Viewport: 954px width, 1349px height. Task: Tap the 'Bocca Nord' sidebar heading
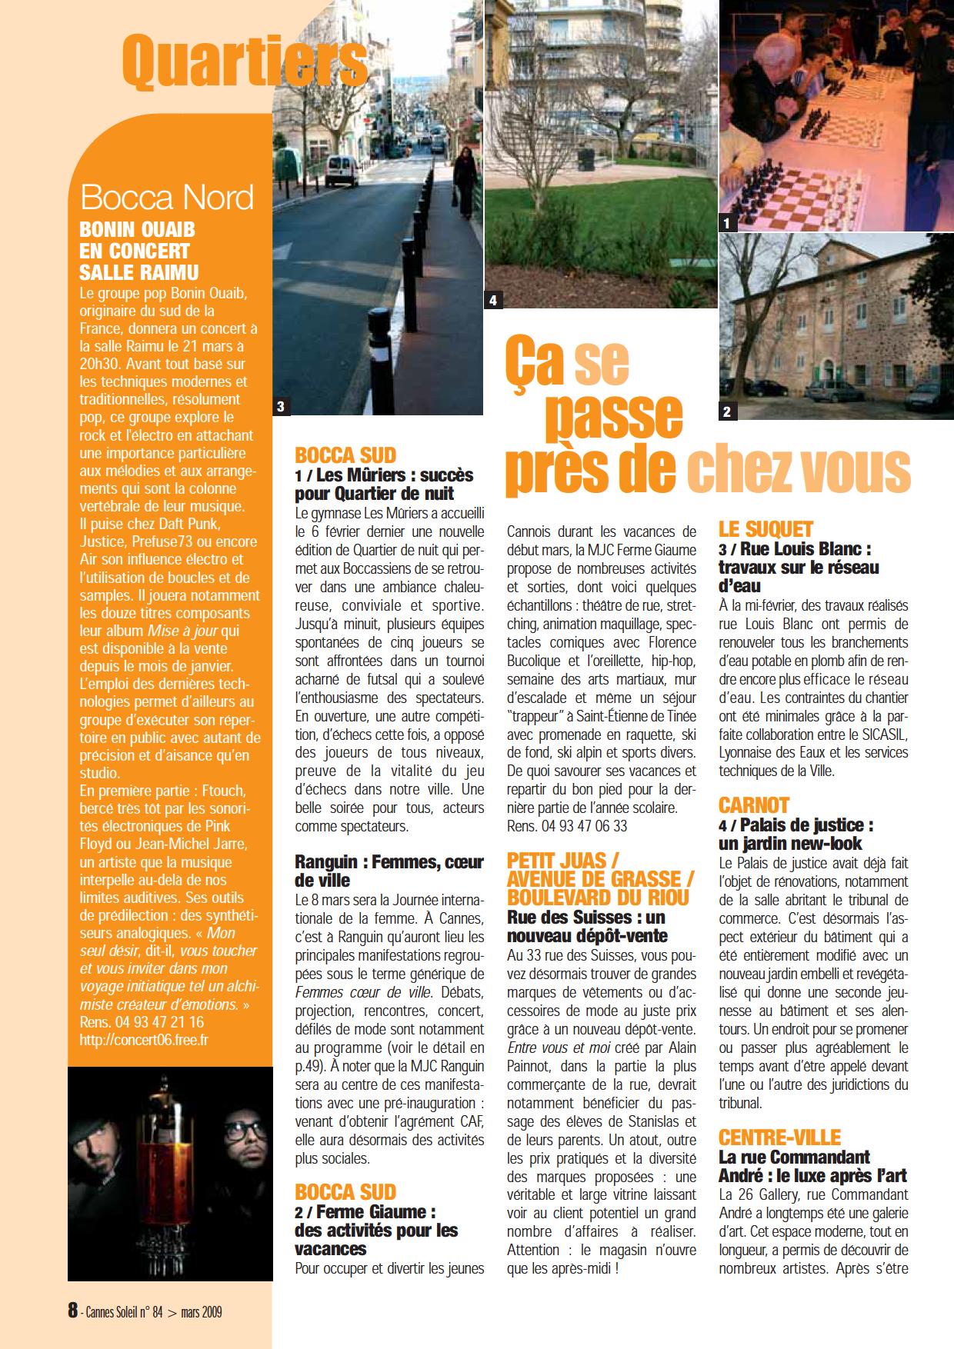(167, 198)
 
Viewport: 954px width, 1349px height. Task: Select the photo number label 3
(282, 407)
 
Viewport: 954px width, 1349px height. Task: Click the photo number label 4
(493, 300)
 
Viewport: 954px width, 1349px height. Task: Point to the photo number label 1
(727, 224)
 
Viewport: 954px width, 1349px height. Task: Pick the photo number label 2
(727, 412)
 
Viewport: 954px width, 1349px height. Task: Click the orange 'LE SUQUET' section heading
(766, 529)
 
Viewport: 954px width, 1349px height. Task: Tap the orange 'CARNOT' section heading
(754, 805)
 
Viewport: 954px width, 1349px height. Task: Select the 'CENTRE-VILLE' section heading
(779, 1137)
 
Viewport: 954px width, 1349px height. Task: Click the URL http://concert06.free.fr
(144, 1039)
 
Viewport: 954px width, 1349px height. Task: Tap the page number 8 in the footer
(73, 1310)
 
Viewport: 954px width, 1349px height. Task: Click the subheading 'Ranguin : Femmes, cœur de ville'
(389, 871)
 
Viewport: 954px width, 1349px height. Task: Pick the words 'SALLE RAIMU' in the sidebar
(139, 271)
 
